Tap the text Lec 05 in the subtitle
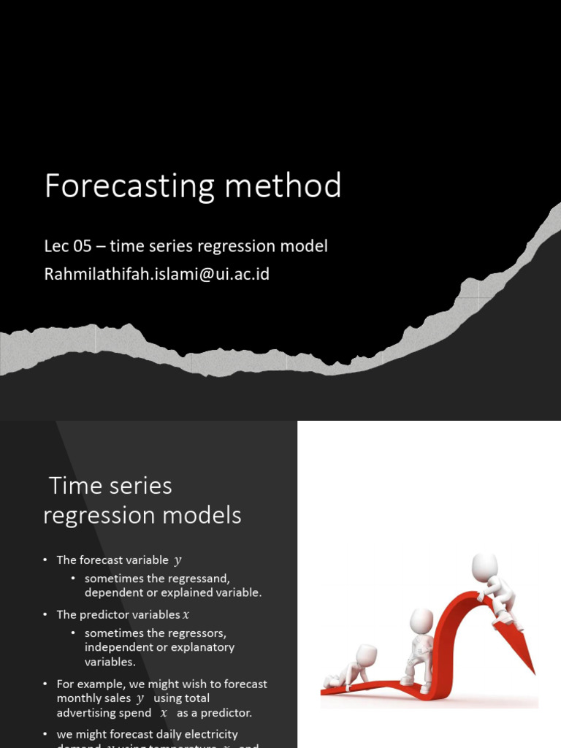68,246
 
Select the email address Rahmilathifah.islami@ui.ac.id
157,275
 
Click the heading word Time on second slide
75,486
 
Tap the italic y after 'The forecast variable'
178,560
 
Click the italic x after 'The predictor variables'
186,615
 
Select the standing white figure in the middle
419,650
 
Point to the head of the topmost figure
485,566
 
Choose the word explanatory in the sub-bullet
197,647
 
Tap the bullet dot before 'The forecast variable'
45,560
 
